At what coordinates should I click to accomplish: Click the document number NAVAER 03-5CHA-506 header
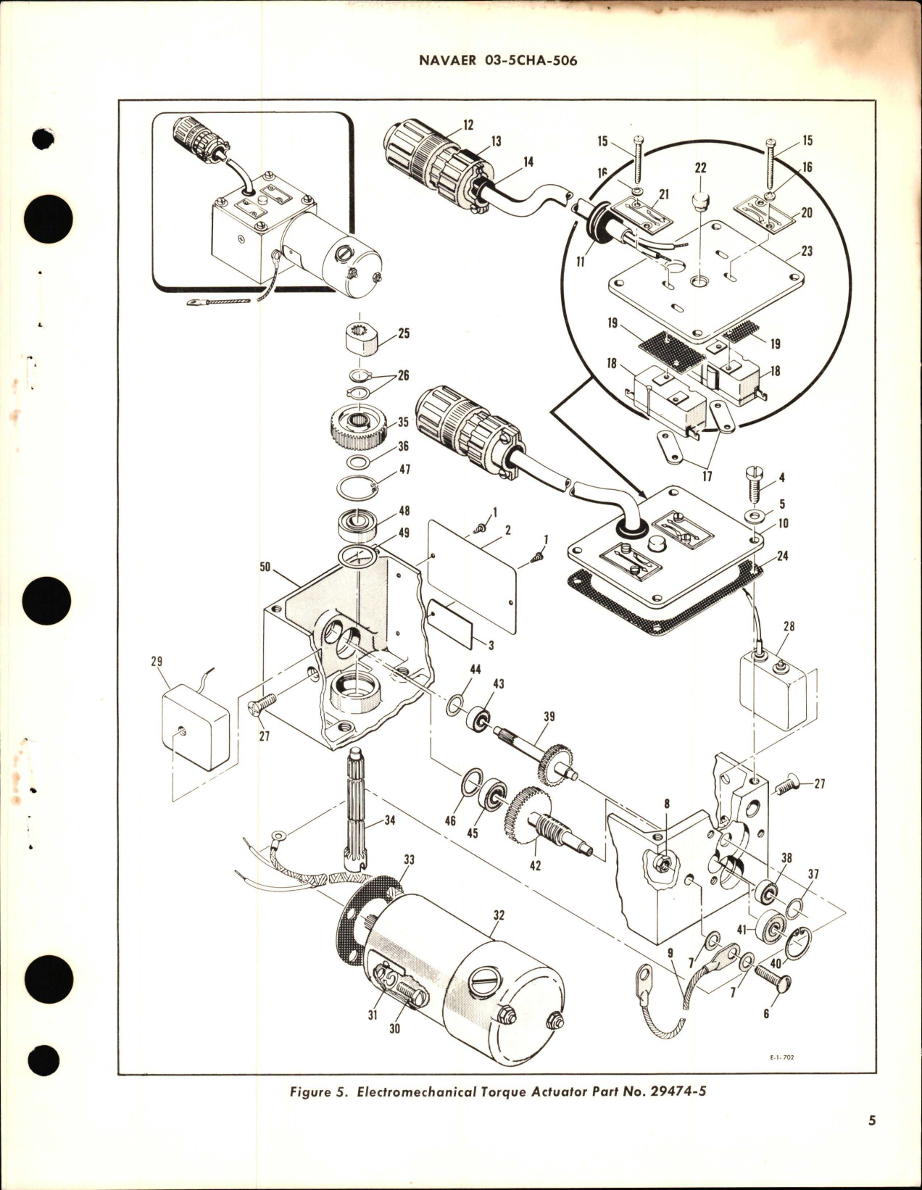498,61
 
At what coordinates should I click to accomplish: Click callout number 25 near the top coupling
404,333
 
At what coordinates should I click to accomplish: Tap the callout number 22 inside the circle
699,167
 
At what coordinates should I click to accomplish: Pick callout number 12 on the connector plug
468,125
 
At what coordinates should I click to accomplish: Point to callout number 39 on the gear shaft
549,716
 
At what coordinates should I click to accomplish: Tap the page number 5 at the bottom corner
872,1120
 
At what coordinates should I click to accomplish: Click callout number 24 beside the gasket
782,556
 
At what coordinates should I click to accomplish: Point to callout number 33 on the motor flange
410,860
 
